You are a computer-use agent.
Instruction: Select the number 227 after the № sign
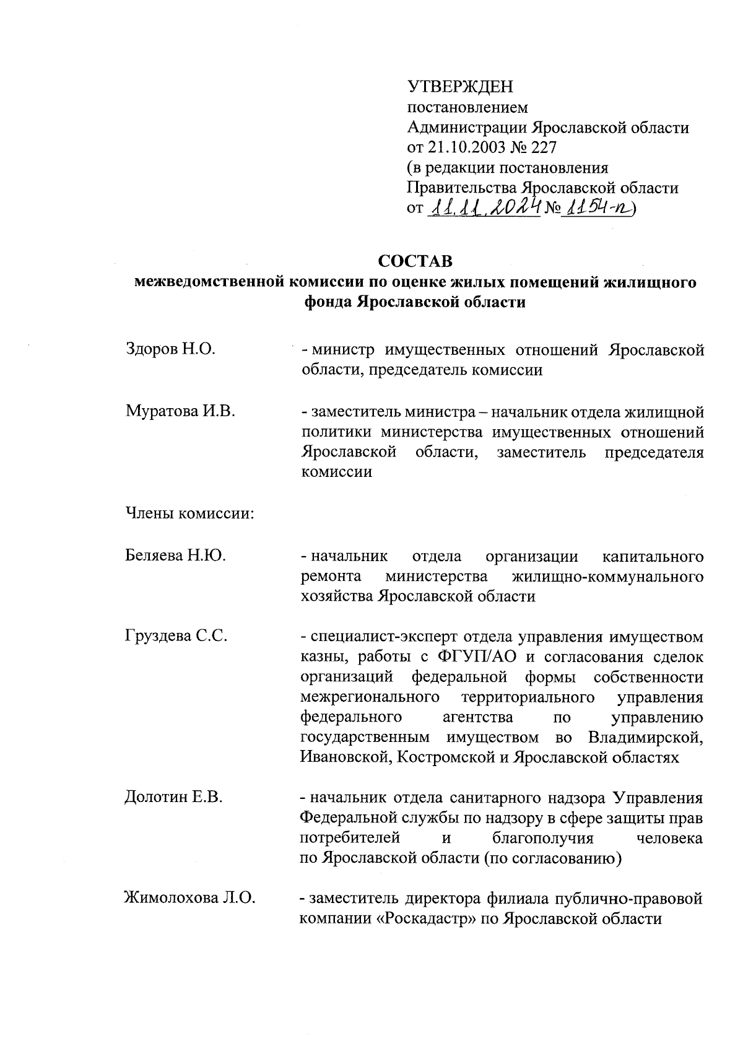[x=544, y=147]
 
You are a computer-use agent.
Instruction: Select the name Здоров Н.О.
[x=170, y=349]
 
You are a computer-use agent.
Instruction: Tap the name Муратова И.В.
[x=180, y=411]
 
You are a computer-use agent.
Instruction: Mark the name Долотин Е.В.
[x=173, y=797]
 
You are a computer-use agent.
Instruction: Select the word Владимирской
[x=646, y=737]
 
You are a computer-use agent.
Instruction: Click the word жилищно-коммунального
[x=608, y=576]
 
